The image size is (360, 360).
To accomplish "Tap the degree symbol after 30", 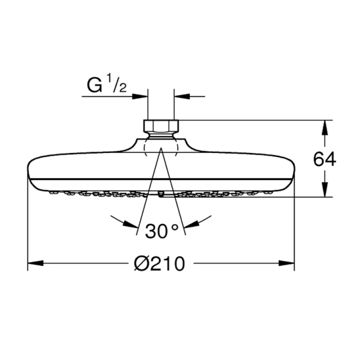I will click(x=175, y=227).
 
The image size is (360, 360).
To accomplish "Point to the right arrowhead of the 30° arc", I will click(x=195, y=221).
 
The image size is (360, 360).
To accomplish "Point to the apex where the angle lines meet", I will click(x=160, y=148).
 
